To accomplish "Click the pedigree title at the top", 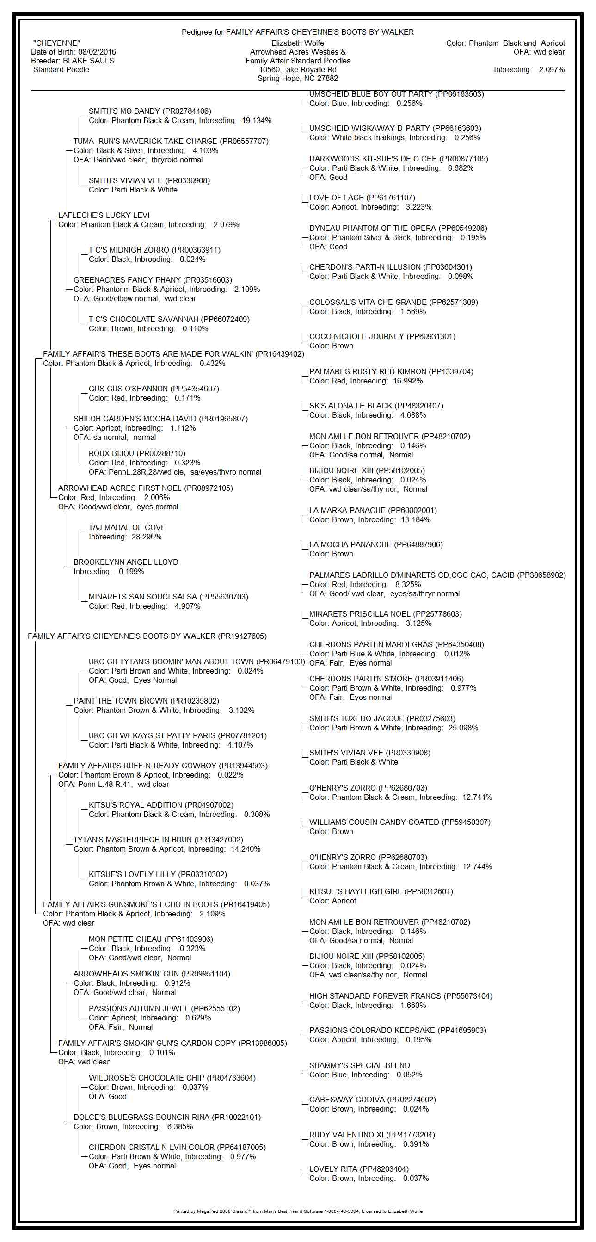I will [297, 32].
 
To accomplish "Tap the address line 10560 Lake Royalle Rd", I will [297, 69].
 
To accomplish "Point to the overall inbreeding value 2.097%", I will [552, 69].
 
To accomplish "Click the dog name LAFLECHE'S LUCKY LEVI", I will [104, 215].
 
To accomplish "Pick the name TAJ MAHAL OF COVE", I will [127, 527].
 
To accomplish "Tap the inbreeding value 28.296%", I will [147, 537].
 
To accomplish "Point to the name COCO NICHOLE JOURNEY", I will [357, 336].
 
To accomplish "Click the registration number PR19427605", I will [242, 636].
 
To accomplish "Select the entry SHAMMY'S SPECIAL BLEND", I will [359, 1065].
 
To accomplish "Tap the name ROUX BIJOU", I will [113, 453].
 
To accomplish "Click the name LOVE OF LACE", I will [336, 198].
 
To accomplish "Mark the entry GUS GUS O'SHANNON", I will [128, 389].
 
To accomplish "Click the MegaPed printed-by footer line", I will [297, 1211].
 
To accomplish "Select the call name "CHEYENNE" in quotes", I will [56, 43].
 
